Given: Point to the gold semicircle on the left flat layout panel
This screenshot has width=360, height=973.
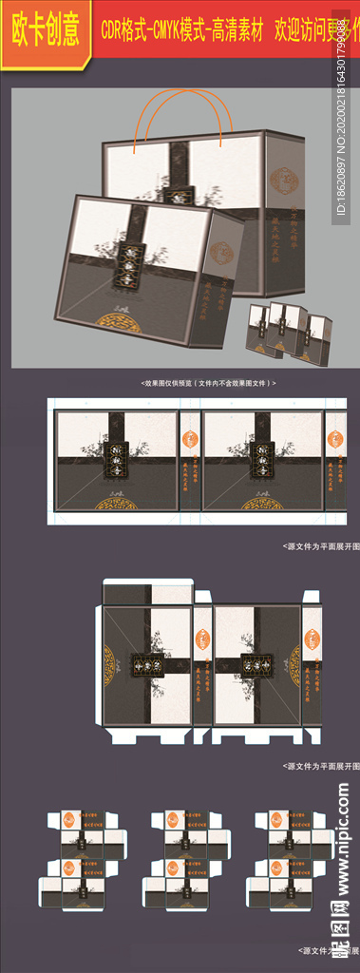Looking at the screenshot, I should point(117,504).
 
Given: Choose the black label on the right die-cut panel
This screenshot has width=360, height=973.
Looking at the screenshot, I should point(257,663).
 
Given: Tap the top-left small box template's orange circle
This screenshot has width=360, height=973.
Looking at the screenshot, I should point(69,821).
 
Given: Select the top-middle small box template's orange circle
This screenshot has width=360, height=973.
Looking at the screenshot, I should point(174,821).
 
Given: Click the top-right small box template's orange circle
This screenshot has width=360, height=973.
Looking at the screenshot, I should point(277,821).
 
